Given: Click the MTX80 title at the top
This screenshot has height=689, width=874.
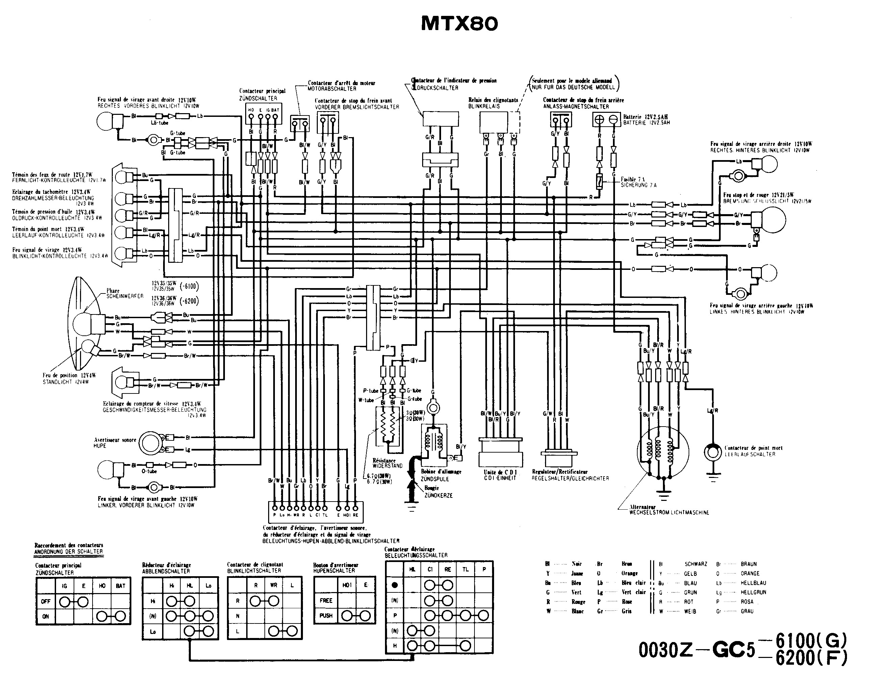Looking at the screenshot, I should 459,24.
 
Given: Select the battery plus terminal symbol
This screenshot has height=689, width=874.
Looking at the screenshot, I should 599,120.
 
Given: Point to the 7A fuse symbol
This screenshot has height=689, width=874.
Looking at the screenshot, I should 599,182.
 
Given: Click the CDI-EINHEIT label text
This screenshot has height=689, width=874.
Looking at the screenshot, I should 500,478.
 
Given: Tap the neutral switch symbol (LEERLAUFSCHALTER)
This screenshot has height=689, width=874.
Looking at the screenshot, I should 713,452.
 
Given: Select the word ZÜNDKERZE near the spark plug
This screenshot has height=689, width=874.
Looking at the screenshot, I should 438,495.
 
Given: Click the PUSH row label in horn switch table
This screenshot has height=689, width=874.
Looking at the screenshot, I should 326,616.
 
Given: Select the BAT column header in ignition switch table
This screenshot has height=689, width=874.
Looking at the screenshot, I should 121,586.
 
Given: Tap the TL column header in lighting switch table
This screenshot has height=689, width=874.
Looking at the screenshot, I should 465,569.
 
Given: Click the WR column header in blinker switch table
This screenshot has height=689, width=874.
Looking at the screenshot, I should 274,585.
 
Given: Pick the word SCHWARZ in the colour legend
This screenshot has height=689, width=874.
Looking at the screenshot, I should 696,564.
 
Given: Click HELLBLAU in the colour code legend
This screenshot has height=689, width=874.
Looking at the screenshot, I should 753,583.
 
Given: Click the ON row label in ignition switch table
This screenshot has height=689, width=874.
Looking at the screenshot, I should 46,616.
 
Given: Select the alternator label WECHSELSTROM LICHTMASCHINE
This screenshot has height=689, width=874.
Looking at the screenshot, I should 669,513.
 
